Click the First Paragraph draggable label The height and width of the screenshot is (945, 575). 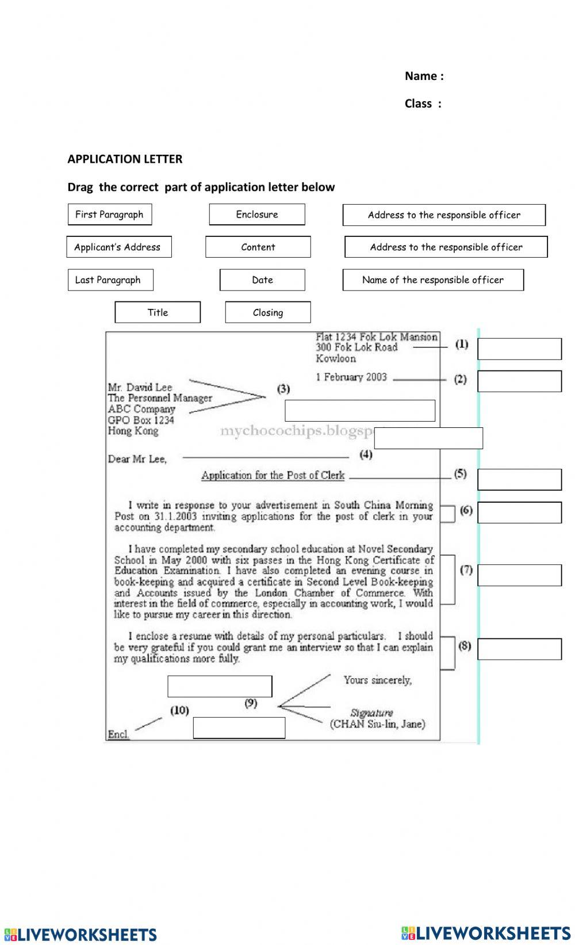pyautogui.click(x=109, y=215)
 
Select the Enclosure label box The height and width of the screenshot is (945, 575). pyautogui.click(x=256, y=215)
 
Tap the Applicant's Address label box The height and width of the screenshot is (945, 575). pyautogui.click(x=118, y=247)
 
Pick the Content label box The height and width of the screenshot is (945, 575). pyautogui.click(x=258, y=247)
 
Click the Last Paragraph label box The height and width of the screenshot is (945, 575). pyautogui.click(x=110, y=280)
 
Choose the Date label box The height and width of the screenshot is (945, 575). pyautogui.click(x=262, y=280)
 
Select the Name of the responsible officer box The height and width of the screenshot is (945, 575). pyautogui.click(x=433, y=280)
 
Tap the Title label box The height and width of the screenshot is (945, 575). pyautogui.click(x=158, y=312)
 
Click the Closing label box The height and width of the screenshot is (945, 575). pyautogui.click(x=268, y=312)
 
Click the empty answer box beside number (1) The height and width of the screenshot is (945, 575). pyautogui.click(x=519, y=349)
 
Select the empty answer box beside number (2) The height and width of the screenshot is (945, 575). pyautogui.click(x=519, y=381)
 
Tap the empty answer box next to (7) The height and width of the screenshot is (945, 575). pyautogui.click(x=519, y=575)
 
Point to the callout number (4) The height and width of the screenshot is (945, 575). pyautogui.click(x=366, y=454)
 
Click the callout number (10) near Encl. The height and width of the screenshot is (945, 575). pyautogui.click(x=179, y=710)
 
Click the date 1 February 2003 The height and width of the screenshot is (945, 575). pyautogui.click(x=351, y=377)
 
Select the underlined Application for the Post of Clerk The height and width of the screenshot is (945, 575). pyautogui.click(x=273, y=475)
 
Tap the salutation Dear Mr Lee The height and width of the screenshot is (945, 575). pyautogui.click(x=137, y=459)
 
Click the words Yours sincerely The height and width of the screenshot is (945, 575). pyautogui.click(x=378, y=680)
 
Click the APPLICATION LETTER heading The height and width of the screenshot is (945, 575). pyautogui.click(x=125, y=159)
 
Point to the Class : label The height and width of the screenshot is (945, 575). pyautogui.click(x=423, y=104)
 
